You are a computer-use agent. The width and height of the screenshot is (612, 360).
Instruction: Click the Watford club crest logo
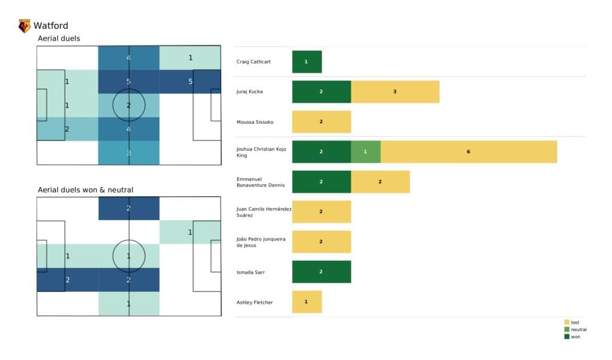click(x=25, y=26)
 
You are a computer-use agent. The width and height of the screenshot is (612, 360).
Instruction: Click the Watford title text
click(x=51, y=26)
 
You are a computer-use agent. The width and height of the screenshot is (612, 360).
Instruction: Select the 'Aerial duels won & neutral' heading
click(x=85, y=190)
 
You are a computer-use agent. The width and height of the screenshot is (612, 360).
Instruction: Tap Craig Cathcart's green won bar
click(x=307, y=62)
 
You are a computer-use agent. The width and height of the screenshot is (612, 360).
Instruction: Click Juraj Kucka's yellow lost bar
click(x=395, y=92)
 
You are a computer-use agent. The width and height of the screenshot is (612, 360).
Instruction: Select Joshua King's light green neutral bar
click(x=365, y=152)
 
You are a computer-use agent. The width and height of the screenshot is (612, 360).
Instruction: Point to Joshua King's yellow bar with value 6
click(x=469, y=152)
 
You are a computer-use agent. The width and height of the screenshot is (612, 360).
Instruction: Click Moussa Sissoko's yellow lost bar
click(x=321, y=122)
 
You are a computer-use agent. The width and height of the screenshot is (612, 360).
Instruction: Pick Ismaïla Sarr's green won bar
click(x=321, y=272)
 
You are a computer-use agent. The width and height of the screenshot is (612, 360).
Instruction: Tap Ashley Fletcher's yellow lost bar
click(x=307, y=302)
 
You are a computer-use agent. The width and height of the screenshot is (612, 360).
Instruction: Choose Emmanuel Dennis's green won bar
click(x=321, y=182)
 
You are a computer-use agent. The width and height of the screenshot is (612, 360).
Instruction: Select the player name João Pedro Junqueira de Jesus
click(x=261, y=242)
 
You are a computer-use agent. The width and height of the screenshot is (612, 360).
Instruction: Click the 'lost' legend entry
click(x=574, y=322)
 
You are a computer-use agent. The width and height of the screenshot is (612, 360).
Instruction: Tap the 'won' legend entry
click(x=574, y=337)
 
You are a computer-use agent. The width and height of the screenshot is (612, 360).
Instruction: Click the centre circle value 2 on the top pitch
click(x=128, y=105)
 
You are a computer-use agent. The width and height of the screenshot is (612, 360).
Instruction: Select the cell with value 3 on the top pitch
click(x=128, y=153)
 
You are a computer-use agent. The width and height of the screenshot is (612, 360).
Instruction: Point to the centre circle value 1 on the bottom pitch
click(x=128, y=256)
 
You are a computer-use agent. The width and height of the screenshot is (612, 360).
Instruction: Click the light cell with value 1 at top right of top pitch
click(x=190, y=58)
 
